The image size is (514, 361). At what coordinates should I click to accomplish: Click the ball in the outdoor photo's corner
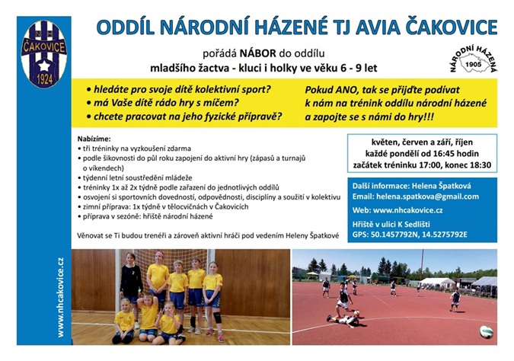pos(485,331)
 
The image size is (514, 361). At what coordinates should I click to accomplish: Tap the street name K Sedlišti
pos(417,224)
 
